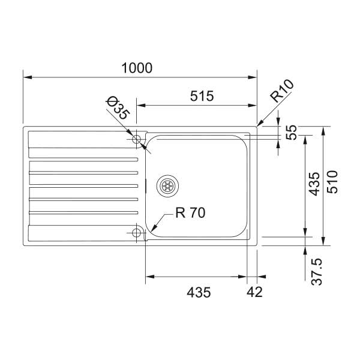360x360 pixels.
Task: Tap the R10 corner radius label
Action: (x=281, y=94)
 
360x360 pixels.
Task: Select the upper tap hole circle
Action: (x=137, y=139)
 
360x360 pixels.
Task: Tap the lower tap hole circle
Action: (x=137, y=232)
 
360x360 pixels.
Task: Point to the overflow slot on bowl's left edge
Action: (x=146, y=185)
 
